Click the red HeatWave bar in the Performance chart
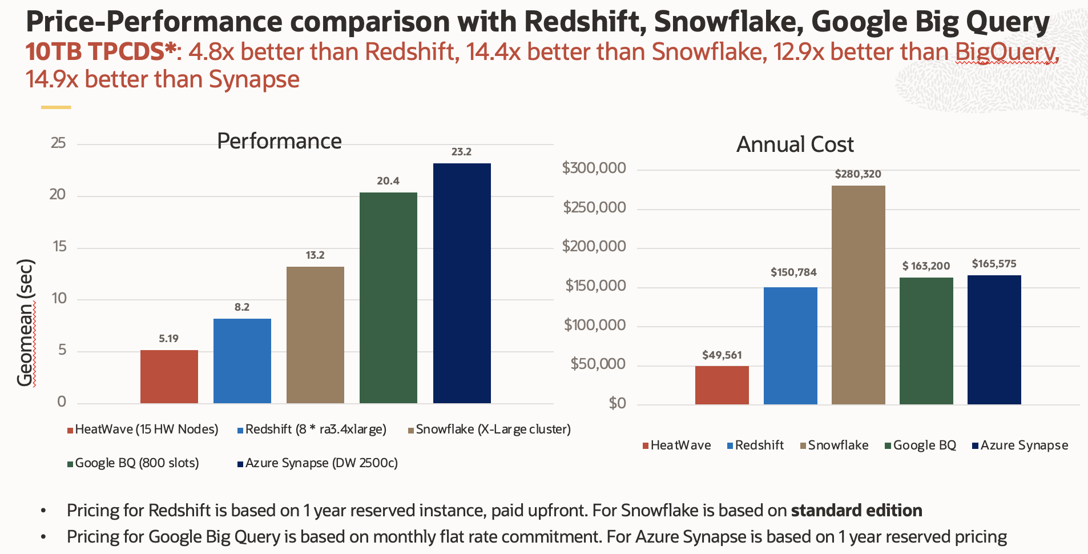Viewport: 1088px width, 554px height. [169, 376]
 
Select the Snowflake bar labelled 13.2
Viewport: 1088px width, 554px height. [315, 335]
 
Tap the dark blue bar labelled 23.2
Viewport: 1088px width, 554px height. [462, 283]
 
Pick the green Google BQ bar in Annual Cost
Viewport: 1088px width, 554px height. [926, 341]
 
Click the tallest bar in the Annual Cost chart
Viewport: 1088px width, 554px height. [858, 295]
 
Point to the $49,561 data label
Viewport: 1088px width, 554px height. [722, 355]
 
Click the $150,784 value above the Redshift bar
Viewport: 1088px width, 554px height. [793, 272]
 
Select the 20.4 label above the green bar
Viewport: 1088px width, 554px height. [388, 181]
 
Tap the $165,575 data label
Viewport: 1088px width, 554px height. [994, 264]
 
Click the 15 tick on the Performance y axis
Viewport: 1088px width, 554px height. [59, 247]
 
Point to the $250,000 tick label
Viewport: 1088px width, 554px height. [594, 207]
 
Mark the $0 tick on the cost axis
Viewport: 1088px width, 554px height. [617, 403]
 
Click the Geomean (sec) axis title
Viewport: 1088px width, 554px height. [26, 323]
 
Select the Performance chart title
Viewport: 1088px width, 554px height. [279, 141]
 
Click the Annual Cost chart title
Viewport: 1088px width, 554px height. [795, 144]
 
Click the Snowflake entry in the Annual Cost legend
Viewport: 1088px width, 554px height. [837, 445]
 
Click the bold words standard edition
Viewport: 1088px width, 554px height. [856, 511]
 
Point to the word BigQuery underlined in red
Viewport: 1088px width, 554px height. [1006, 53]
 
